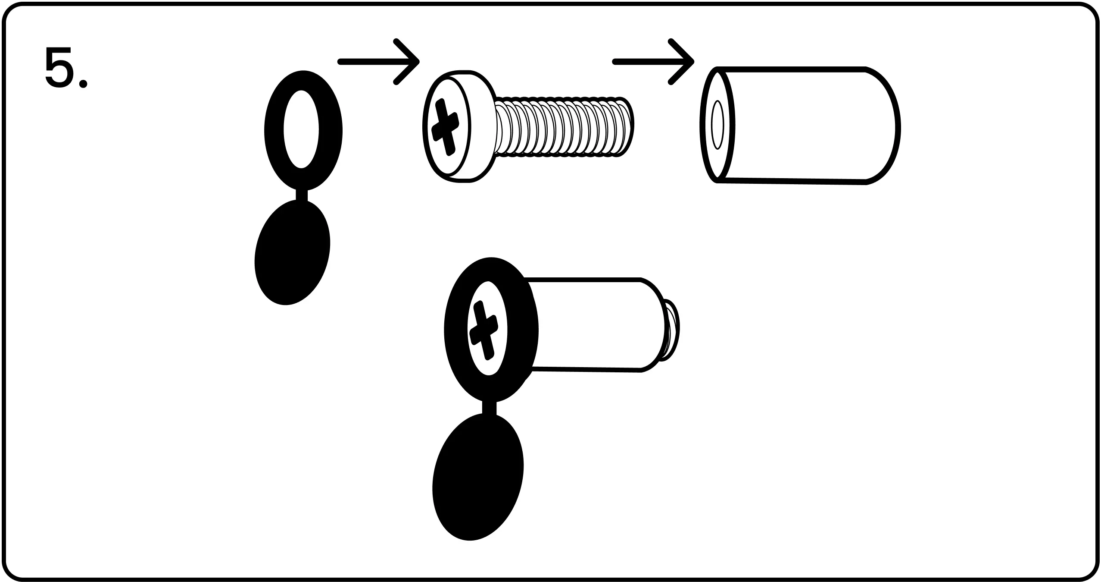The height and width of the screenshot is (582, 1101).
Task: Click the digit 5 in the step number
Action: (59, 67)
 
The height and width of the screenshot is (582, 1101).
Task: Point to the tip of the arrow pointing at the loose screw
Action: (418, 62)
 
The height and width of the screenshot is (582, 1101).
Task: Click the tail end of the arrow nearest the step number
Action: (340, 62)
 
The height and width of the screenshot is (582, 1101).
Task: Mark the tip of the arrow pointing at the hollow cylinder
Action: (693, 62)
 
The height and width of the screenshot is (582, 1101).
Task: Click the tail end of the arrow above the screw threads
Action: (615, 62)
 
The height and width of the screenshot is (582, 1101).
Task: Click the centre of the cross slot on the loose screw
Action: (445, 127)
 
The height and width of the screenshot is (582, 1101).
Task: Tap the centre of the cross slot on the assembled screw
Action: (483, 330)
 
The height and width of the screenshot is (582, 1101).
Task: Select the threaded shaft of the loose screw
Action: (562, 126)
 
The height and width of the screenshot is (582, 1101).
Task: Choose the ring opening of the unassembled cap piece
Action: (301, 129)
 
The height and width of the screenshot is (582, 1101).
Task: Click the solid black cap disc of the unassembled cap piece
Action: (293, 253)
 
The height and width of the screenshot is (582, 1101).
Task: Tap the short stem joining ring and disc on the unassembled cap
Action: (302, 195)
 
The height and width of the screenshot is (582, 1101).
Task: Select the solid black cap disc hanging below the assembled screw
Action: (477, 477)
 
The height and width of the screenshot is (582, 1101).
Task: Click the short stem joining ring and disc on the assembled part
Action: (489, 408)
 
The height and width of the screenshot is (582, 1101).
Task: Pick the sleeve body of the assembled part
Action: (595, 324)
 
